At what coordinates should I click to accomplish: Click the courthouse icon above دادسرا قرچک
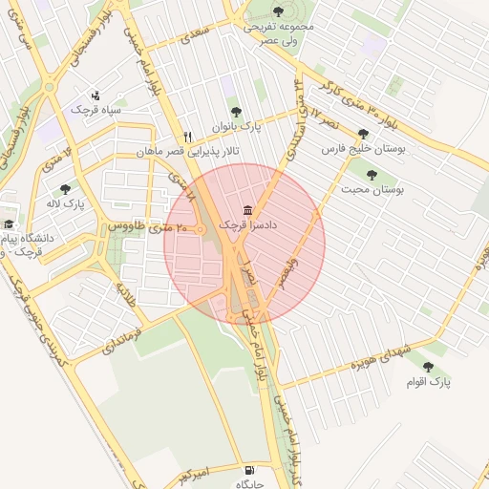[x=248, y=210]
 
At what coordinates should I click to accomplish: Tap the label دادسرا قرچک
[x=247, y=224]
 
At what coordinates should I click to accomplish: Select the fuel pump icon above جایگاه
[x=249, y=470]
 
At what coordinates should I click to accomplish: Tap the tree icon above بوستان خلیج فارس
[x=362, y=135]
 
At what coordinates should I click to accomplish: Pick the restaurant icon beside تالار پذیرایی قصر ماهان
[x=187, y=137]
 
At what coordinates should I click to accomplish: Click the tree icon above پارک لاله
[x=65, y=189]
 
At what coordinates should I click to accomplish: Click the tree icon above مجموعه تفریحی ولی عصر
[x=278, y=12]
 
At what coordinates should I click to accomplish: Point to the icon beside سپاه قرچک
[x=96, y=96]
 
